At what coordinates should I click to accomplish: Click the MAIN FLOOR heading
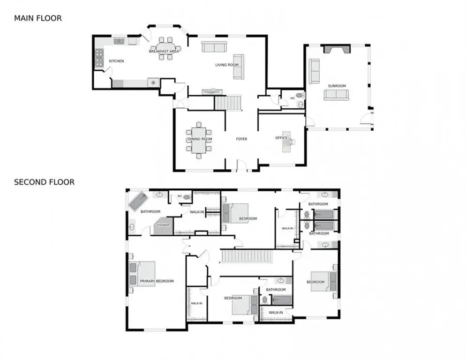[38, 18]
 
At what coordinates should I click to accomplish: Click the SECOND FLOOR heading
[44, 182]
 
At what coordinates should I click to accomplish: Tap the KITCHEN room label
[116, 61]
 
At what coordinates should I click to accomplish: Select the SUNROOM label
[337, 86]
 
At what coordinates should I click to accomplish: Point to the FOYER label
[241, 139]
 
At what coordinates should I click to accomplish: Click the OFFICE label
[281, 138]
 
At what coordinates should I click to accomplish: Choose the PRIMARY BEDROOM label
[157, 281]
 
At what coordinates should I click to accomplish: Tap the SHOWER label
[163, 225]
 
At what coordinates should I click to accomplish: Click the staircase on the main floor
[228, 103]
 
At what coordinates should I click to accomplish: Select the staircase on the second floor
[247, 256]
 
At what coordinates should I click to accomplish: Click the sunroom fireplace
[337, 49]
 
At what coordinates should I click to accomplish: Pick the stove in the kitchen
[99, 58]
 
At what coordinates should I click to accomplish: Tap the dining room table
[199, 140]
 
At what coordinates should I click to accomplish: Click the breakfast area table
[165, 48]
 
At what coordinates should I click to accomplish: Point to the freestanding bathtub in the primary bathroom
[138, 201]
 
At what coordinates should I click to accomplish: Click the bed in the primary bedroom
[142, 274]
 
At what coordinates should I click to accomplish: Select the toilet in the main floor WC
[300, 95]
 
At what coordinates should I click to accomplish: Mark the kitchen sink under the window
[119, 41]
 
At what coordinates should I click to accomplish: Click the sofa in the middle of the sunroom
[337, 95]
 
